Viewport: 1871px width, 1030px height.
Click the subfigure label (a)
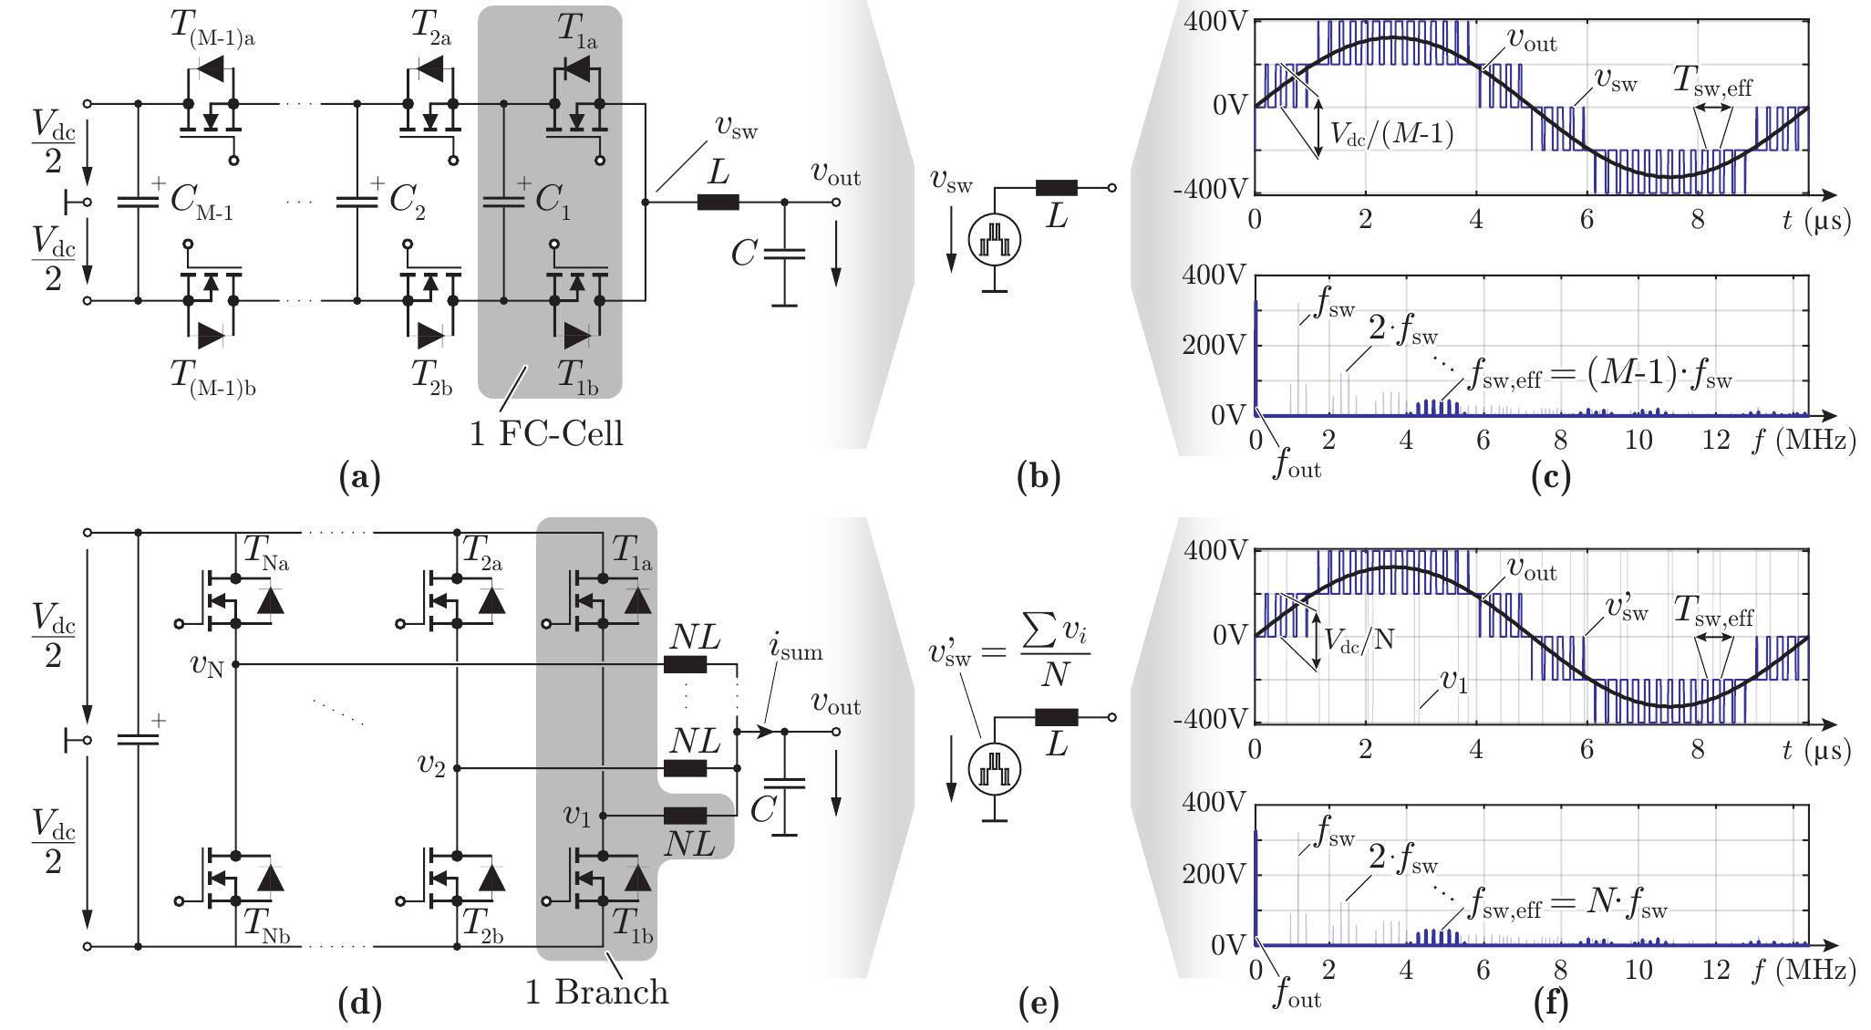coord(358,476)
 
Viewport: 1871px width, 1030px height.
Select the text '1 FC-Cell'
coord(546,432)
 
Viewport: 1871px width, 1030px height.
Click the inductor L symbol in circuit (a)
coord(718,202)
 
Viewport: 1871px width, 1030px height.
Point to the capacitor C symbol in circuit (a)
coord(783,256)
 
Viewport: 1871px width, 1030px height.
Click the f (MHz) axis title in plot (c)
coord(1803,441)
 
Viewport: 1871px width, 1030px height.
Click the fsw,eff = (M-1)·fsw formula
coord(1600,375)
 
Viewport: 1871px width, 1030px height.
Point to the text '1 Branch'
coord(596,992)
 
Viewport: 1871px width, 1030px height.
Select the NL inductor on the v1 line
coord(685,816)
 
